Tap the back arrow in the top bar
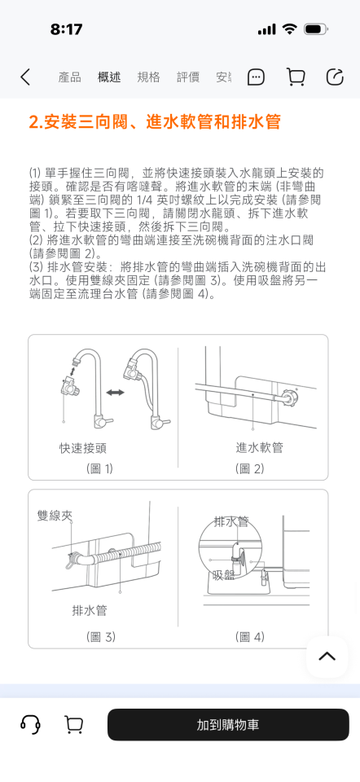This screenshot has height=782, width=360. tap(25, 77)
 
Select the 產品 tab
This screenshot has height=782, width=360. tap(69, 77)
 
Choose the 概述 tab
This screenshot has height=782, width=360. tap(109, 77)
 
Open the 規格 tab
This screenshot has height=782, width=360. tap(149, 77)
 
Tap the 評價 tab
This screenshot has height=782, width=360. tap(188, 77)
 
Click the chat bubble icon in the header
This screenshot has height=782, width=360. tap(256, 77)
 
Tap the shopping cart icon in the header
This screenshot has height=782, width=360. tap(296, 77)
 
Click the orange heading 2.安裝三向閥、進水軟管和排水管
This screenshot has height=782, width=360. tap(155, 122)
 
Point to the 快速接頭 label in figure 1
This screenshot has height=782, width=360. tap(82, 447)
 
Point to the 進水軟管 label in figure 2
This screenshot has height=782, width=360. tap(259, 447)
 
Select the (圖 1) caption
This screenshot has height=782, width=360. tap(99, 468)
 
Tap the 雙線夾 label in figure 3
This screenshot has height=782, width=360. tap(55, 516)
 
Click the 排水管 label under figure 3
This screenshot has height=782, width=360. tap(90, 610)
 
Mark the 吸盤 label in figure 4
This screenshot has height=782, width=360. tap(223, 575)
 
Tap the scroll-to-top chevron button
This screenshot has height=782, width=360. tap(327, 657)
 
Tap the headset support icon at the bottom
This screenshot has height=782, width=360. tap(31, 724)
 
